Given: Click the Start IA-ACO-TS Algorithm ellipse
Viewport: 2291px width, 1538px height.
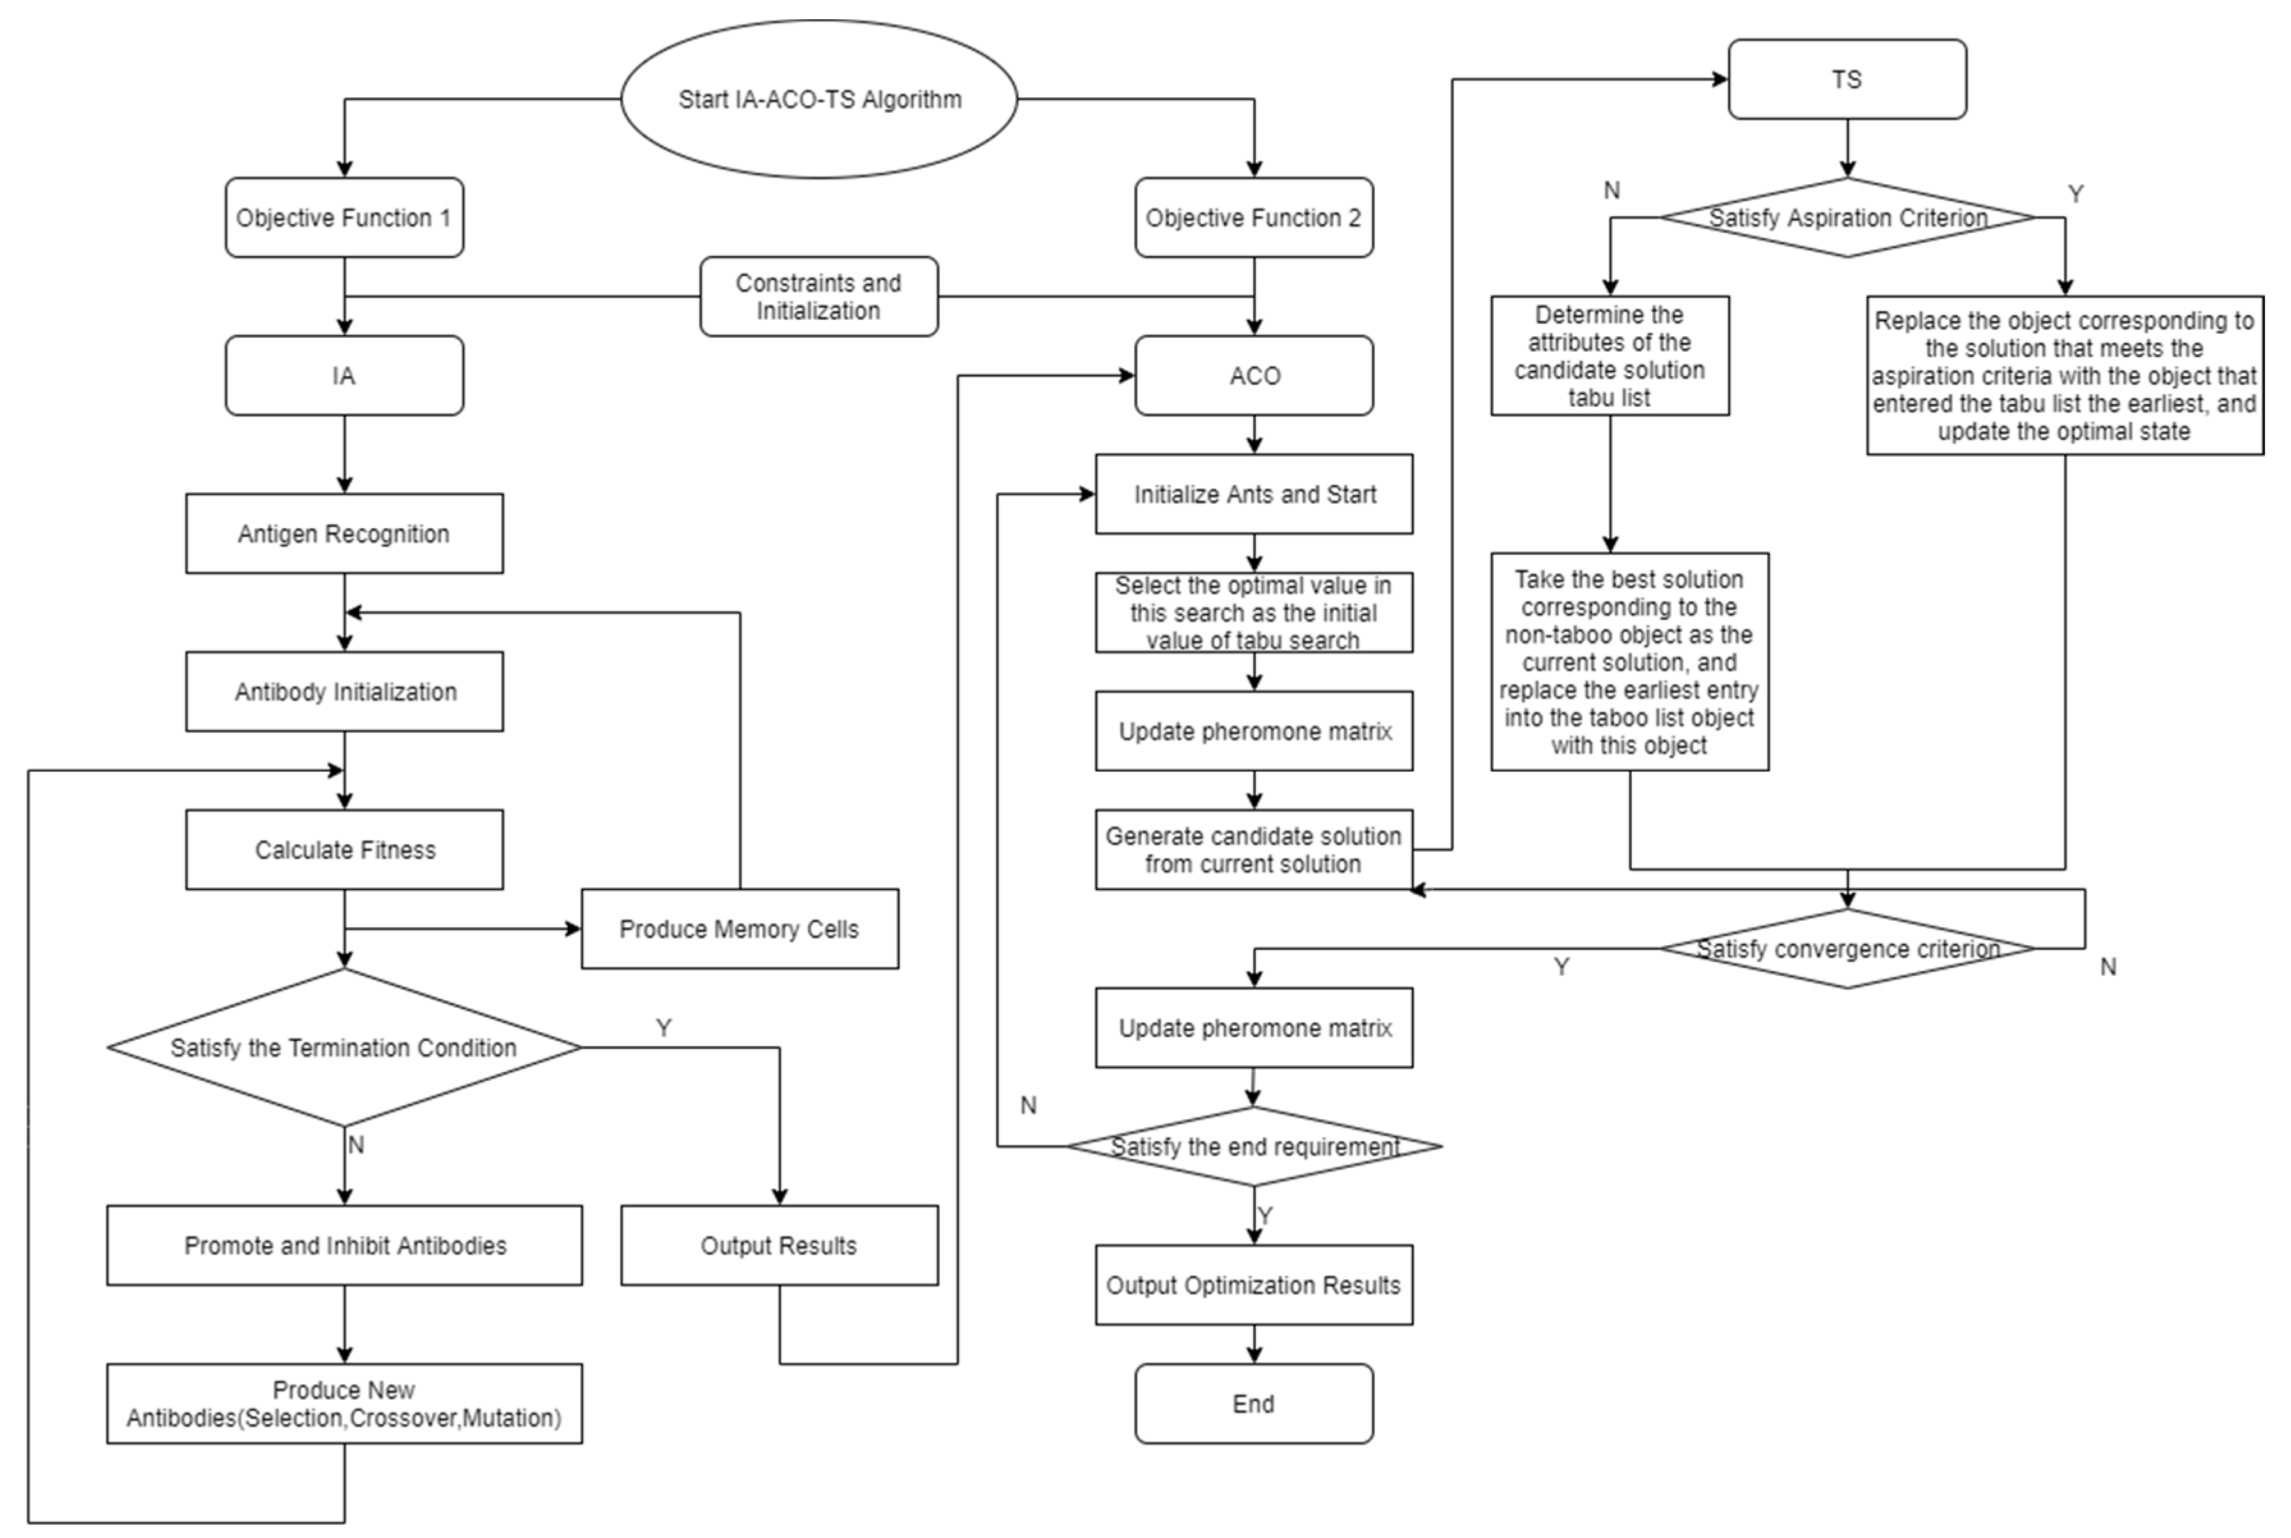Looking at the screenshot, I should click(x=819, y=99).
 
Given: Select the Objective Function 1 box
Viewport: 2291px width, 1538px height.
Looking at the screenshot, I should click(x=344, y=218).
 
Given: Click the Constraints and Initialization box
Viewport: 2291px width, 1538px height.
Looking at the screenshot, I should click(x=819, y=296).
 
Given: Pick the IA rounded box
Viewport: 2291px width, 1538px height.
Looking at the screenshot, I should click(x=344, y=375).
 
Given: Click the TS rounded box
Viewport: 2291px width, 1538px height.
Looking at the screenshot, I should click(x=1847, y=79).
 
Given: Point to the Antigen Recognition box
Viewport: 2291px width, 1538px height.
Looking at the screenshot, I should click(x=344, y=533).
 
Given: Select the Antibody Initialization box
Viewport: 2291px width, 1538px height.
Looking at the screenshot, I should click(x=344, y=691).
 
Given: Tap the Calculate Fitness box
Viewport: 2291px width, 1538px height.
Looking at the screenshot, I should click(x=344, y=849).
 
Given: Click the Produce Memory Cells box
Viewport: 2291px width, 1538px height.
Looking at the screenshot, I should click(x=739, y=929).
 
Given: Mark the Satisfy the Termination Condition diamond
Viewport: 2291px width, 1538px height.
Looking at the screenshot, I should click(x=344, y=1048).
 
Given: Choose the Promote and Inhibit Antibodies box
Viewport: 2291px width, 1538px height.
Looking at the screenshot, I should click(x=344, y=1246).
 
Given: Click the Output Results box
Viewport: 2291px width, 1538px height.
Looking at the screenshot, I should click(x=779, y=1246).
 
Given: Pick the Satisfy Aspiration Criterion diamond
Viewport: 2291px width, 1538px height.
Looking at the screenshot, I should click(x=1847, y=218).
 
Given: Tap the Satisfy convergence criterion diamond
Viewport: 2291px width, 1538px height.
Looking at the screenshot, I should click(x=1847, y=948).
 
